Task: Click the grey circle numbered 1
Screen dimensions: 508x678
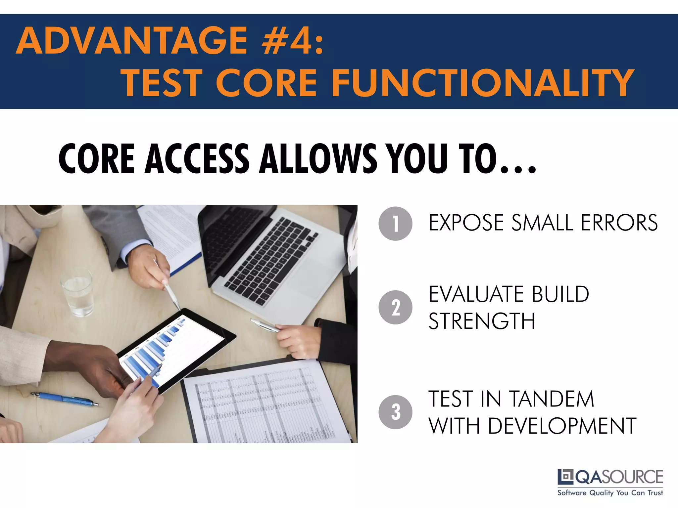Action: pos(395,224)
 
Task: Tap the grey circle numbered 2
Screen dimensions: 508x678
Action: pos(395,307)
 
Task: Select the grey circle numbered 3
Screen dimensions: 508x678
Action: pos(395,412)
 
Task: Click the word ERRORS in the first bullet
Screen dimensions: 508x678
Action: pos(619,223)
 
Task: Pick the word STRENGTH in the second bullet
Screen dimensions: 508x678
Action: pos(482,321)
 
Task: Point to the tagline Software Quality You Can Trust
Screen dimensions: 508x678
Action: pos(610,493)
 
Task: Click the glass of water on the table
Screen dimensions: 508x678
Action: pos(77,293)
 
